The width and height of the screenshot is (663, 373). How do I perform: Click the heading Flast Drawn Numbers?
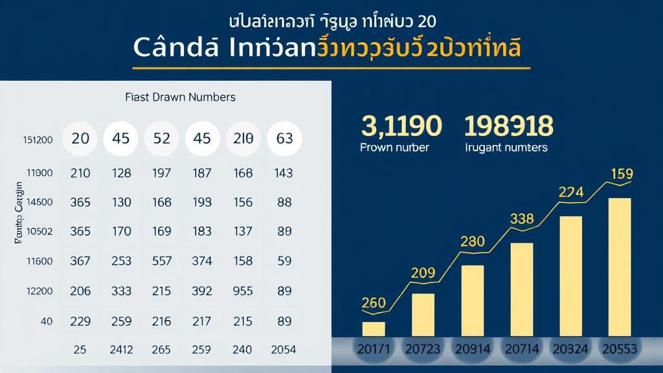tap(180, 97)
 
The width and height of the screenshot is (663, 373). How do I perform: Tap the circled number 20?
tap(80, 138)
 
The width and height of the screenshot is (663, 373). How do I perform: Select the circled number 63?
tap(284, 138)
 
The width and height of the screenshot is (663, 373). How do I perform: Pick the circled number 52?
tap(162, 138)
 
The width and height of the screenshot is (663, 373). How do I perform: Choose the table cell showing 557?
tap(162, 261)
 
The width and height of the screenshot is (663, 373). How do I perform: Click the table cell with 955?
tap(242, 291)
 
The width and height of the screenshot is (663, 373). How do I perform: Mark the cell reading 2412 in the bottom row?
tap(121, 350)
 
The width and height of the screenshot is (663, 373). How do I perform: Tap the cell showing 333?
tap(121, 291)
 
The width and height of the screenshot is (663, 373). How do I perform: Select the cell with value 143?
tap(284, 173)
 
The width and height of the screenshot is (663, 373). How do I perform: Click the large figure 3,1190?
tap(401, 126)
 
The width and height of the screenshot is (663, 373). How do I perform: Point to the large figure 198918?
tap(509, 126)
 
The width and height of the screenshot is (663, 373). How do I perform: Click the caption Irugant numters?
tap(506, 148)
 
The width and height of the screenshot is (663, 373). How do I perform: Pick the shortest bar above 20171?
tap(374, 329)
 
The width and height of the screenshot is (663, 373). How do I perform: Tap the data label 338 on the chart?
tap(522, 219)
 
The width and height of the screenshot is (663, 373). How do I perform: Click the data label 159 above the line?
tap(622, 174)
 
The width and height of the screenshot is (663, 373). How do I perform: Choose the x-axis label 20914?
tap(473, 349)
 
